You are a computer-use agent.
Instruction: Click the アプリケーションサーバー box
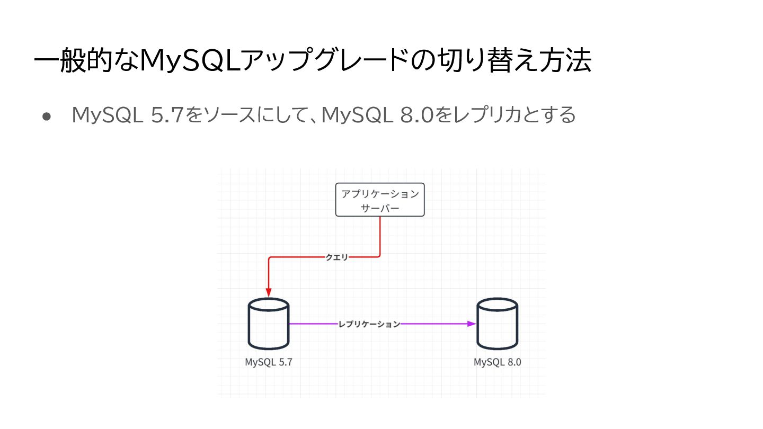click(x=380, y=200)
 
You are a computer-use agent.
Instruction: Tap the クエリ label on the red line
click(x=337, y=257)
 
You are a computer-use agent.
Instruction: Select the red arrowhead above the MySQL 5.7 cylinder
click(x=269, y=292)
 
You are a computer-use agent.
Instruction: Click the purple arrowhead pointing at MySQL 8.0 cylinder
click(x=472, y=324)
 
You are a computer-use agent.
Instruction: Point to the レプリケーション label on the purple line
click(x=369, y=324)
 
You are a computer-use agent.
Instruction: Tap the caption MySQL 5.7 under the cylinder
click(x=269, y=363)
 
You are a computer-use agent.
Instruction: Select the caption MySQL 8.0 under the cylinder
click(x=498, y=363)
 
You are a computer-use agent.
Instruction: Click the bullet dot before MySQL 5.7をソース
click(x=46, y=116)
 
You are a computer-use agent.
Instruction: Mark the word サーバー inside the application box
click(x=380, y=208)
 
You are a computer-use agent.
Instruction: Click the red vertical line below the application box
click(x=380, y=236)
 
